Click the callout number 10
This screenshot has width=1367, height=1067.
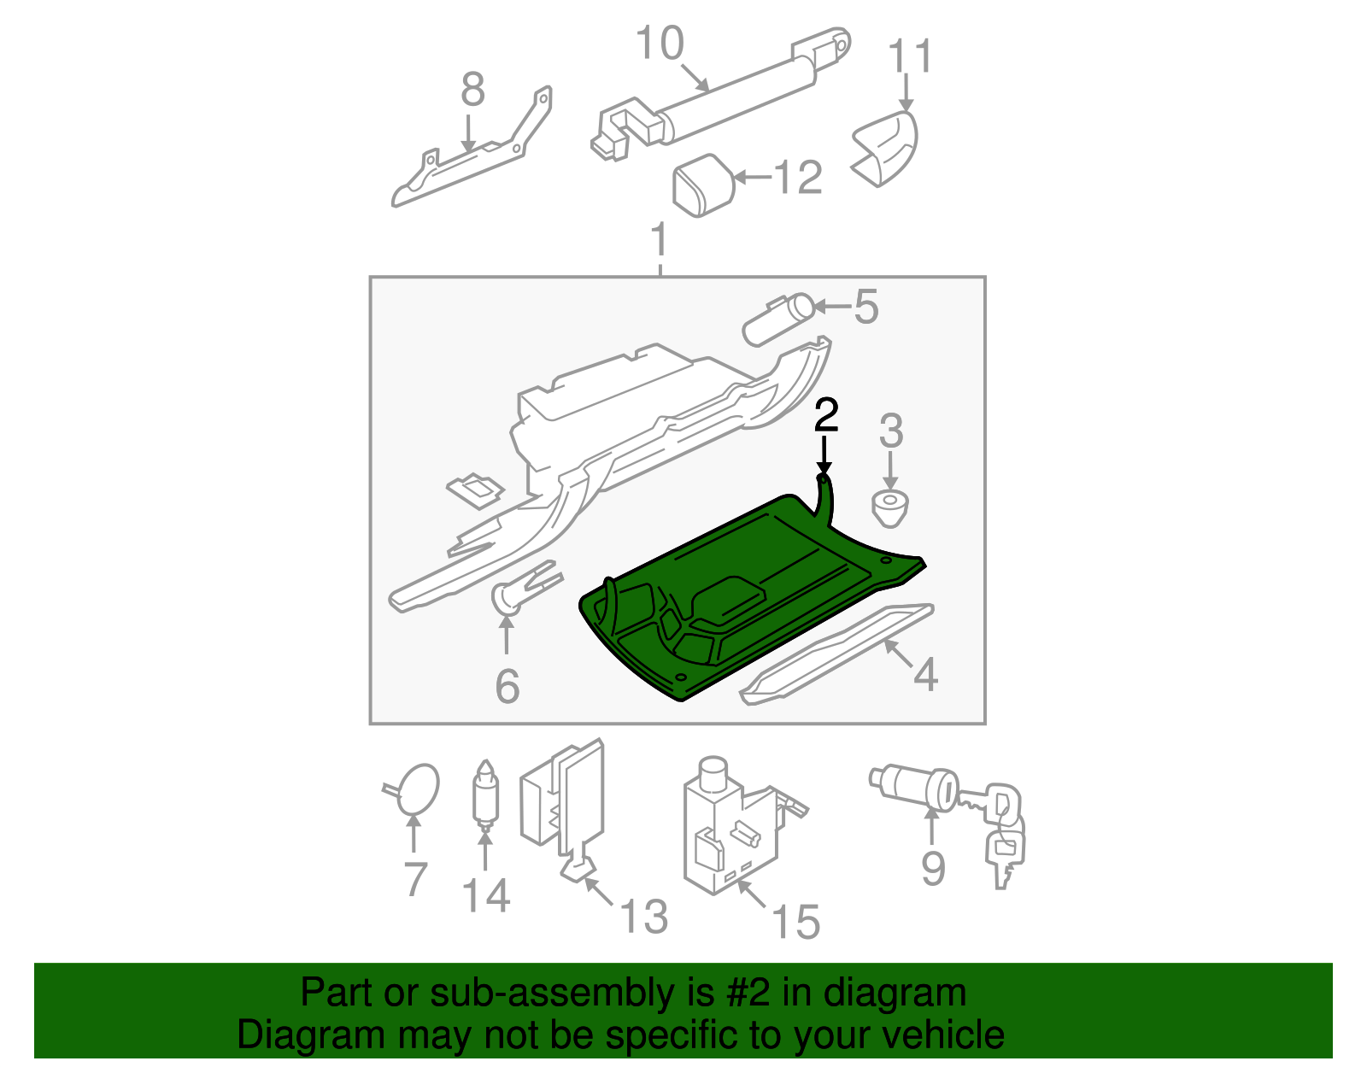(x=660, y=44)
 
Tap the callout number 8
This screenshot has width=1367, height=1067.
(x=472, y=90)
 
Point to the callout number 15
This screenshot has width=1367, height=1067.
(x=795, y=923)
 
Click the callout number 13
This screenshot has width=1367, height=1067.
(x=642, y=917)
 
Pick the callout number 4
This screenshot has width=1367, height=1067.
(x=925, y=675)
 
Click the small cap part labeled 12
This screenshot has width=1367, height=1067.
(x=704, y=185)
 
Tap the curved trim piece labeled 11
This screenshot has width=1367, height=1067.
(x=889, y=147)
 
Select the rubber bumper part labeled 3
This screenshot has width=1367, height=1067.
(x=890, y=508)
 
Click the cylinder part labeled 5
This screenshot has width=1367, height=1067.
(x=777, y=319)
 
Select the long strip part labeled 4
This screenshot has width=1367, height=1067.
(x=837, y=654)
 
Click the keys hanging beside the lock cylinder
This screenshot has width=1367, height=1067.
(x=1004, y=833)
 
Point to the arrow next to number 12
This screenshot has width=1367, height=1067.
(x=752, y=178)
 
